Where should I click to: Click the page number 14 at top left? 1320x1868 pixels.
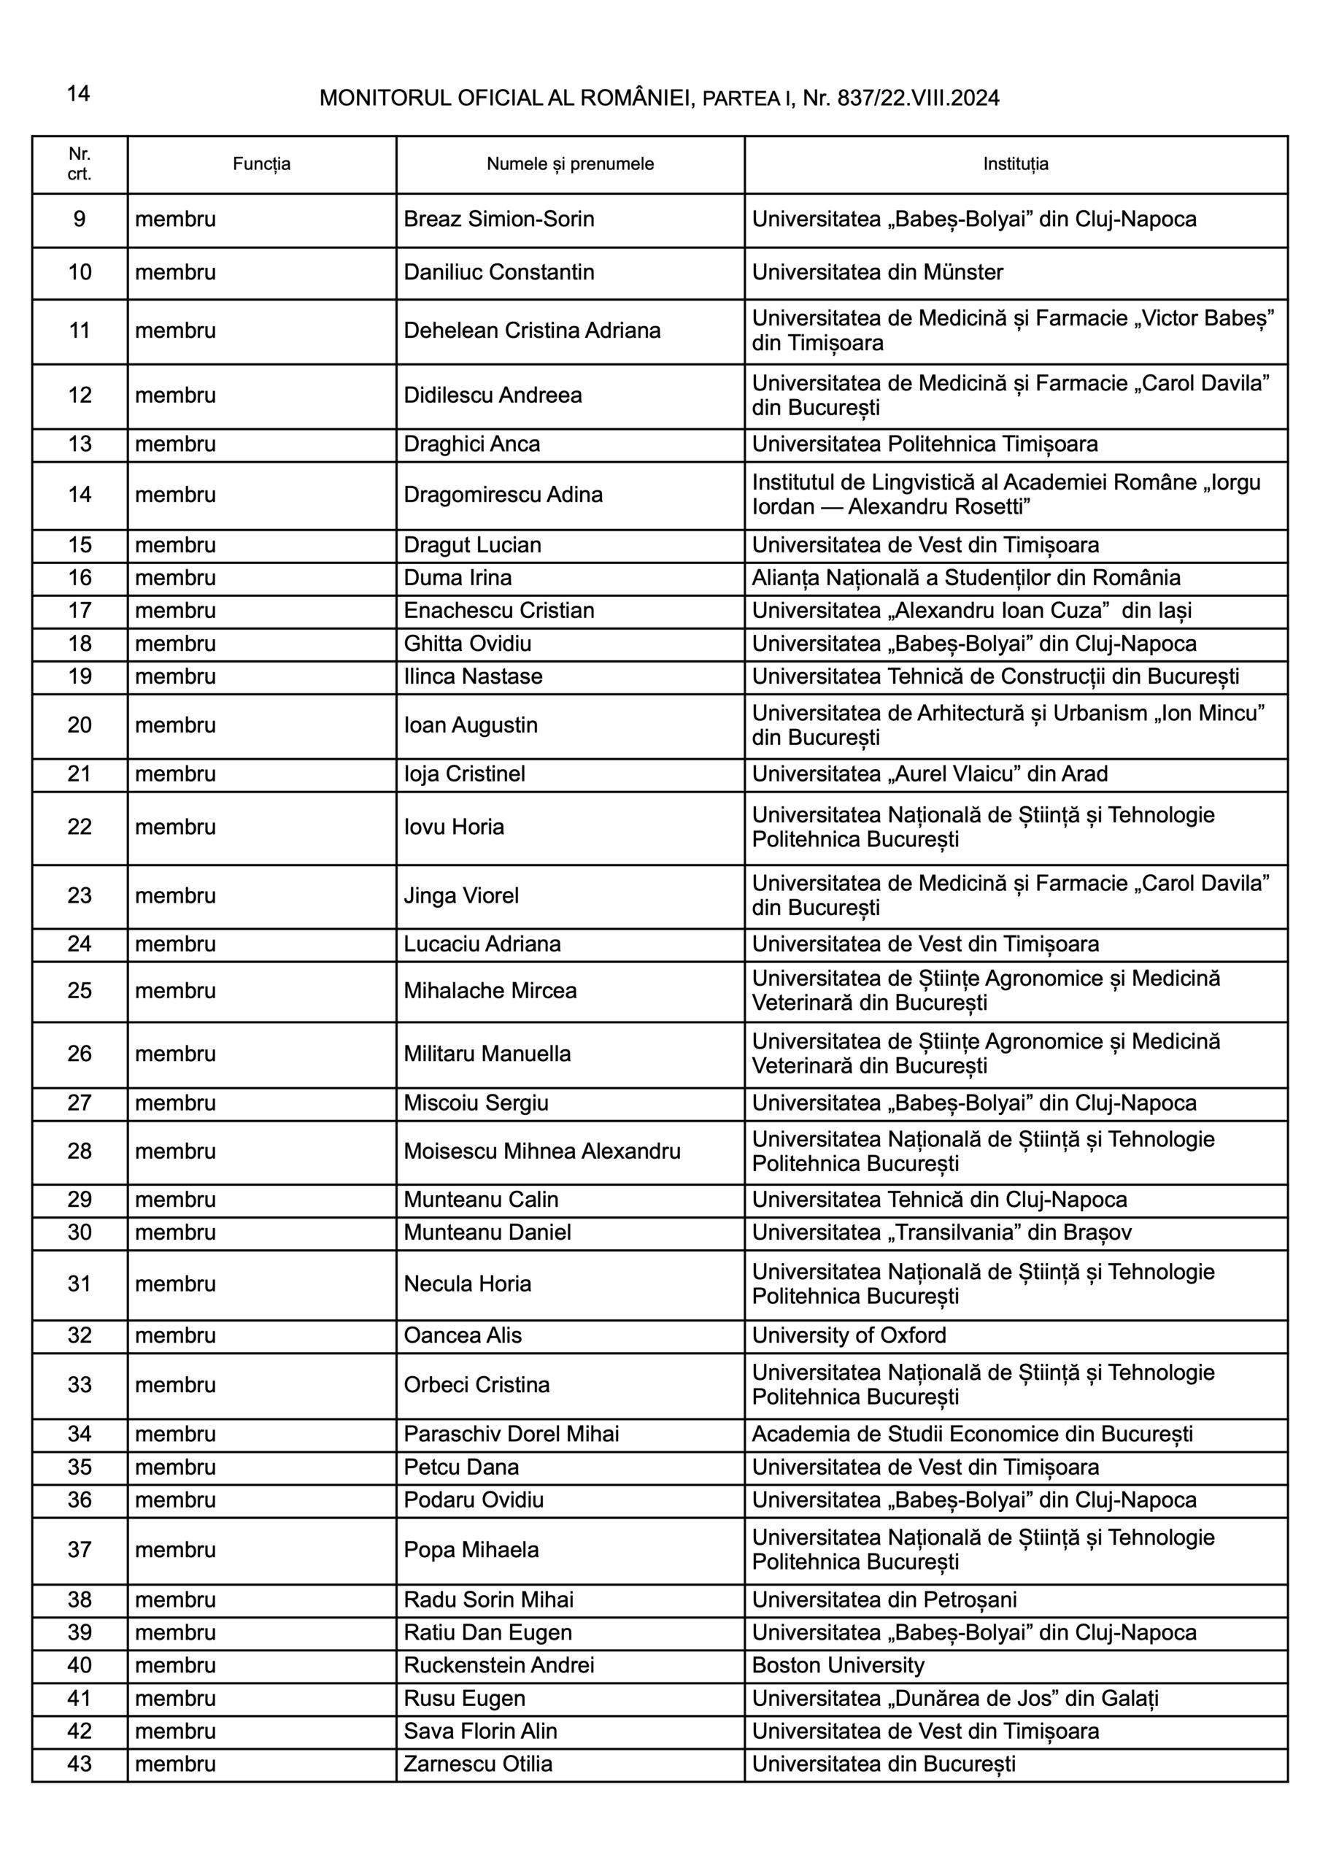pyautogui.click(x=78, y=94)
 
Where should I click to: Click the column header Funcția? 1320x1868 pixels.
pyautogui.click(x=261, y=164)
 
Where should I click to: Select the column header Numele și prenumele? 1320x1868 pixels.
pyautogui.click(x=570, y=164)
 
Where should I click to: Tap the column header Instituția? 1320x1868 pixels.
pyautogui.click(x=1015, y=164)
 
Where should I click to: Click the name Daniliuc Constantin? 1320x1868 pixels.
pyautogui.click(x=499, y=273)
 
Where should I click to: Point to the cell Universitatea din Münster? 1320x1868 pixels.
pyautogui.click(x=877, y=273)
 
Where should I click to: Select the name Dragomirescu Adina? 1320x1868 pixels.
pyautogui.click(x=503, y=495)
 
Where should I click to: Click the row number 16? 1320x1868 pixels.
pyautogui.click(x=80, y=579)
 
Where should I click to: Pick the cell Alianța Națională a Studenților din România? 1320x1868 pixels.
pyautogui.click(x=966, y=579)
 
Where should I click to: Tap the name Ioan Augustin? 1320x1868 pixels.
pyautogui.click(x=471, y=726)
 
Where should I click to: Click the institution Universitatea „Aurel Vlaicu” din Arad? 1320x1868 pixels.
pyautogui.click(x=930, y=773)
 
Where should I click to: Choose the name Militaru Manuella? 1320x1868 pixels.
pyautogui.click(x=487, y=1054)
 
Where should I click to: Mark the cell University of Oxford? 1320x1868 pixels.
pyautogui.click(x=849, y=1336)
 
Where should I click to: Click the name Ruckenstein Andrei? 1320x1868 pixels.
pyautogui.click(x=499, y=1665)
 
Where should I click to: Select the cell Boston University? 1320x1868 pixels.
pyautogui.click(x=838, y=1665)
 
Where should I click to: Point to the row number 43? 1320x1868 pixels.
pyautogui.click(x=80, y=1764)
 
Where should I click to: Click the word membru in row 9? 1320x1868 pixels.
pyautogui.click(x=176, y=220)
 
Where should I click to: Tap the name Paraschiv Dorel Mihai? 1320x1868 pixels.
pyautogui.click(x=511, y=1435)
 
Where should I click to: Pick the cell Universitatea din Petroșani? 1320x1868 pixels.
pyautogui.click(x=884, y=1600)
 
